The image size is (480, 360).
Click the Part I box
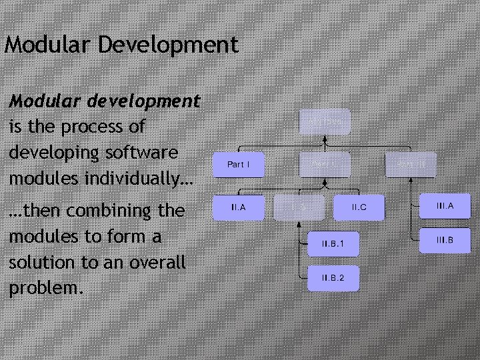pos(238,164)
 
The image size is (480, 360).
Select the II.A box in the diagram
pos(238,208)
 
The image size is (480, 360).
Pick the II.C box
pos(359,208)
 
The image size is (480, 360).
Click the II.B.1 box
pos(333,245)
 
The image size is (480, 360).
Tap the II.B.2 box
pos(333,278)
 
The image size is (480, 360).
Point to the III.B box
pos(445,240)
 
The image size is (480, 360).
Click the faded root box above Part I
pos(325,122)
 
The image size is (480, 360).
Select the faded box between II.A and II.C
pos(300,208)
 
